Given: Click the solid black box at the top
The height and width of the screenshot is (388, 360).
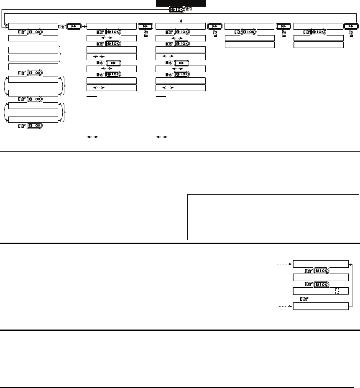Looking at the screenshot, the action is pyautogui.click(x=181, y=3).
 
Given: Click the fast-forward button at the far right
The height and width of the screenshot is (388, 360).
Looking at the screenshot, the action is pyautogui.click(x=350, y=26).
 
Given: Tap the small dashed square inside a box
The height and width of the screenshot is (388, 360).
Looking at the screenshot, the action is pyautogui.click(x=337, y=291).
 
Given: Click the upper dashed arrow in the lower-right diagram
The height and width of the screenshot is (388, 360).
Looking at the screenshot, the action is pyautogui.click(x=285, y=264).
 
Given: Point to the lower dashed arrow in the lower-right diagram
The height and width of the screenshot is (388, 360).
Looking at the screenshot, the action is pyautogui.click(x=285, y=307).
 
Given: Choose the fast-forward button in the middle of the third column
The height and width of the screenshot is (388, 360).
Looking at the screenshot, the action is pyautogui.click(x=181, y=63).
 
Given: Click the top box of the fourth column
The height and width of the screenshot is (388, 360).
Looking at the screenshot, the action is pyautogui.click(x=250, y=26).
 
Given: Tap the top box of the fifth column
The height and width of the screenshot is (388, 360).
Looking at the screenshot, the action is pyautogui.click(x=319, y=26).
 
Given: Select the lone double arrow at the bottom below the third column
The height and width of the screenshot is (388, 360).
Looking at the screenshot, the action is pyautogui.click(x=161, y=137).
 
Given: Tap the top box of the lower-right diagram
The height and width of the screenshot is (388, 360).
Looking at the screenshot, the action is pyautogui.click(x=320, y=264).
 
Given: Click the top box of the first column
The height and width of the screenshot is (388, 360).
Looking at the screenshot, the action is pyautogui.click(x=33, y=26).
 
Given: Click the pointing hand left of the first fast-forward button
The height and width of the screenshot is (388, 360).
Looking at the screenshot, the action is pyautogui.click(x=61, y=26).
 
